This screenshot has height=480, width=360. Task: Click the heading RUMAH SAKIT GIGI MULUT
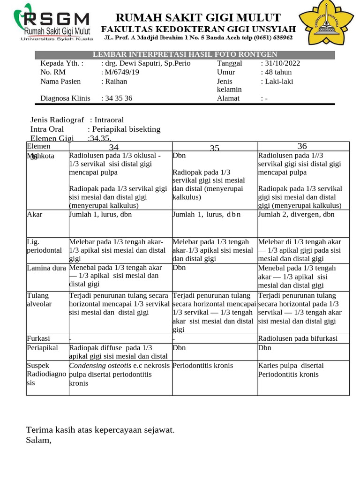pyautogui.click(x=198, y=18)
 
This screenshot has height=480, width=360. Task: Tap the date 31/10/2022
pyautogui.click(x=280, y=63)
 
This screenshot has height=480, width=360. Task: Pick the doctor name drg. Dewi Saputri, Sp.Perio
pyautogui.click(x=146, y=63)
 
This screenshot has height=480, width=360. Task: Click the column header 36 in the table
pyautogui.click(x=302, y=146)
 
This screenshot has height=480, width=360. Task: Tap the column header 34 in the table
pyautogui.click(x=114, y=148)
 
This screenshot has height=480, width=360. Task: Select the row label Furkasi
pyautogui.click(x=38, y=338)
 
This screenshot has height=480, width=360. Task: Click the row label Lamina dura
pyautogui.click(x=46, y=268)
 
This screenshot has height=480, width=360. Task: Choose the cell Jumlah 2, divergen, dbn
pyautogui.click(x=296, y=214)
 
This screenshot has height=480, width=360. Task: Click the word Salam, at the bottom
pyautogui.click(x=39, y=440)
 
